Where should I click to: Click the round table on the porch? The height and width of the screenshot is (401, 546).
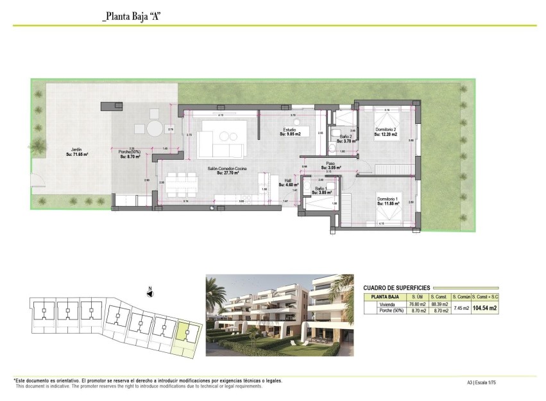pos(155,129)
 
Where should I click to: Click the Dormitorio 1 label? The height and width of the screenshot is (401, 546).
pos(388,199)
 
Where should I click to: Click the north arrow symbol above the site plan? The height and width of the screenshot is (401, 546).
pos(149,292)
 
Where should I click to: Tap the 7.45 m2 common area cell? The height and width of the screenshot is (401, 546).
pos(461,308)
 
